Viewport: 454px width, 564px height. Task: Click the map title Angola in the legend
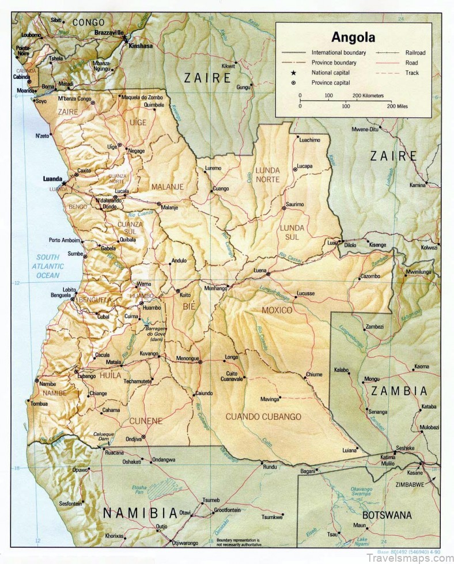point(353,38)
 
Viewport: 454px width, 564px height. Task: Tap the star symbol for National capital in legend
point(300,73)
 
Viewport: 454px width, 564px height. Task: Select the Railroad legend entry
point(415,52)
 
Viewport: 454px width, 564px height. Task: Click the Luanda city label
point(52,179)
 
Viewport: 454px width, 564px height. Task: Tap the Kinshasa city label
point(141,45)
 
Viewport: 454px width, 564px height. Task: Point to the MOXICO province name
point(277,311)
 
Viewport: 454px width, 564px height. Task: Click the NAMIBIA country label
point(139,512)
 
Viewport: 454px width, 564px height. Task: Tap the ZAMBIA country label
point(399,391)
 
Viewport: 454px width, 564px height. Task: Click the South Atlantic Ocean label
point(49,266)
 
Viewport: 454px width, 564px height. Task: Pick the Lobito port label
point(70,289)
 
